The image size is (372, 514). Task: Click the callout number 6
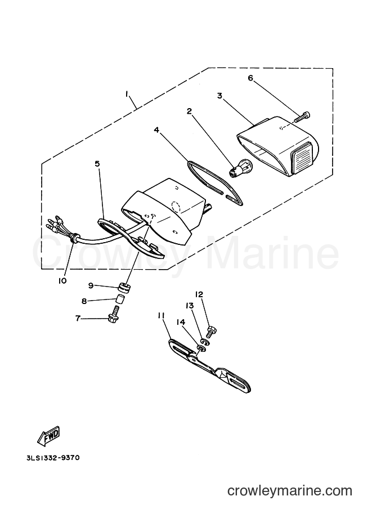pyautogui.click(x=250, y=78)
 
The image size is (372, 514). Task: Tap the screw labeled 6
pyautogui.click(x=302, y=117)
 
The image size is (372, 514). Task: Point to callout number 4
pyautogui.click(x=156, y=130)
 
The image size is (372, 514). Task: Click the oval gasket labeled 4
pyautogui.click(x=214, y=182)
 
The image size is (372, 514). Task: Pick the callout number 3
pyautogui.click(x=219, y=96)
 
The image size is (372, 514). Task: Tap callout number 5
pyautogui.click(x=97, y=164)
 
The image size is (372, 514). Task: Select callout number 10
pyautogui.click(x=62, y=280)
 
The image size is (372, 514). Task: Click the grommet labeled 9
pyautogui.click(x=125, y=288)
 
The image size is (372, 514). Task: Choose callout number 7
pyautogui.click(x=78, y=318)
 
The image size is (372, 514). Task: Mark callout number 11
pyautogui.click(x=161, y=315)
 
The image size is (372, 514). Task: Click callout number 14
pyautogui.click(x=181, y=322)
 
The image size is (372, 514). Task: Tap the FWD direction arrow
pyautogui.click(x=49, y=437)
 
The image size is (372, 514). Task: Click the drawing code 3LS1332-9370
pyautogui.click(x=53, y=457)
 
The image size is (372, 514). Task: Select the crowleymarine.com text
pyautogui.click(x=290, y=490)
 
